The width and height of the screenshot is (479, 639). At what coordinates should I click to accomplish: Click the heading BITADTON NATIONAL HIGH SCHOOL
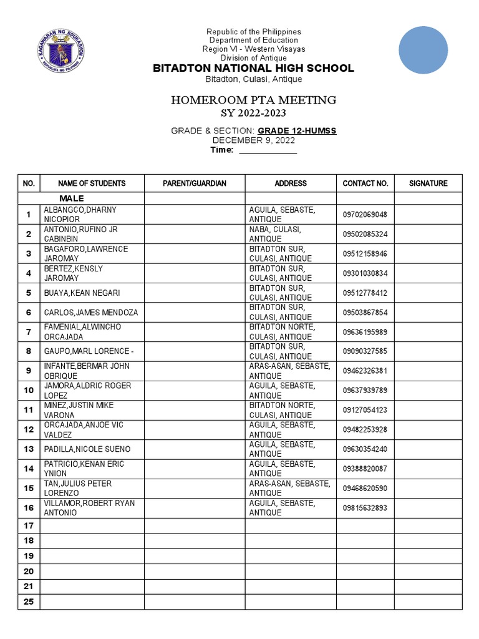tap(253, 68)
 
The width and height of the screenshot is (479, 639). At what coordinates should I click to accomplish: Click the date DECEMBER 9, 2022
tap(253, 140)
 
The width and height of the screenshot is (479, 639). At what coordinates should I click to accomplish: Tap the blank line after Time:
tap(268, 150)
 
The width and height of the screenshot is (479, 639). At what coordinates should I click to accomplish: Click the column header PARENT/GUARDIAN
tap(195, 183)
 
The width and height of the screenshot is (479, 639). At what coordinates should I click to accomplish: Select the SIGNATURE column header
tap(428, 183)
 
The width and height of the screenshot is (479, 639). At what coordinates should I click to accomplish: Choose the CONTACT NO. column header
tap(365, 183)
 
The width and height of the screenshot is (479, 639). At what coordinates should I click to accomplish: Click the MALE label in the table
tap(71, 198)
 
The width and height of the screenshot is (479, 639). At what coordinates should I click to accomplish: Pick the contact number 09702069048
tap(365, 215)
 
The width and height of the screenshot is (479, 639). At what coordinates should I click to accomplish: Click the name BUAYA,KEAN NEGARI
tap(82, 293)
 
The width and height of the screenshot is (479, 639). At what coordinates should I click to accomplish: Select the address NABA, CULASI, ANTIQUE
tap(275, 234)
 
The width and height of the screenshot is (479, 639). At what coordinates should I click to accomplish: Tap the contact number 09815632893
tap(365, 508)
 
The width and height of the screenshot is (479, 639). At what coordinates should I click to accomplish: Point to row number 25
tap(29, 602)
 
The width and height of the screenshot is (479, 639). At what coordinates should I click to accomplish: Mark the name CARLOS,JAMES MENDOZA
tap(91, 313)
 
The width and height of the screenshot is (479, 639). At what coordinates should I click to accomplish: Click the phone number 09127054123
tap(365, 410)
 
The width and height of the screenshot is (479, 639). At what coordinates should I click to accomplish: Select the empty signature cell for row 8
tap(428, 351)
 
